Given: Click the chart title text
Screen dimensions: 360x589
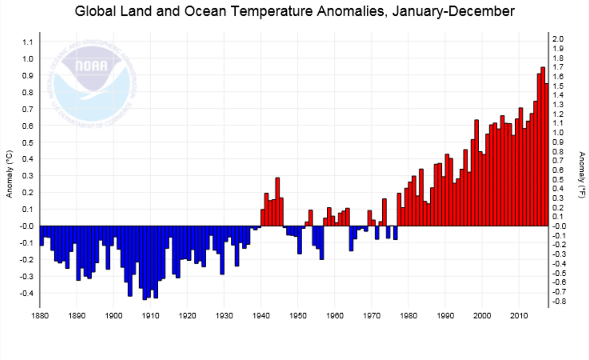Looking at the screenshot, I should pos(294,11).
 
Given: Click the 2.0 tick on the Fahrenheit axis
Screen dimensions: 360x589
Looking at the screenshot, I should pos(559,39).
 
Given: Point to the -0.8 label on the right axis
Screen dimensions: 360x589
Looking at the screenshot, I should pos(560,301).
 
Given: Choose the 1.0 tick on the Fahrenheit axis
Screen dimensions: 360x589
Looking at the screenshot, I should pos(559,132).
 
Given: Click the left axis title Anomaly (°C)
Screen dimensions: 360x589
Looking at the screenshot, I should pos(9,174).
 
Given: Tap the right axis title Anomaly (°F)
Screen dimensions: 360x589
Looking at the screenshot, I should pos(583,174).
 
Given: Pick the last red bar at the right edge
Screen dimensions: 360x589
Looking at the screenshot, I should pos(546,155).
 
